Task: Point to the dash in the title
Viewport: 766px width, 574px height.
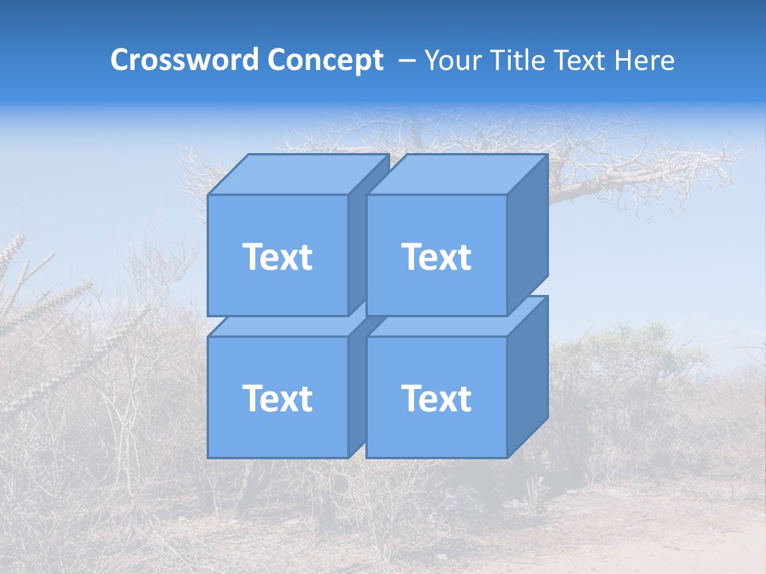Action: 406,61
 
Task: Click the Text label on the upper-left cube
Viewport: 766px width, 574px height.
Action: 277,257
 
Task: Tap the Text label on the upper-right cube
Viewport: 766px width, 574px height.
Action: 436,257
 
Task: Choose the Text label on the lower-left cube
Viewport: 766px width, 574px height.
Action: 277,398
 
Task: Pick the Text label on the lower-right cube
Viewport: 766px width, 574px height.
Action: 436,398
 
